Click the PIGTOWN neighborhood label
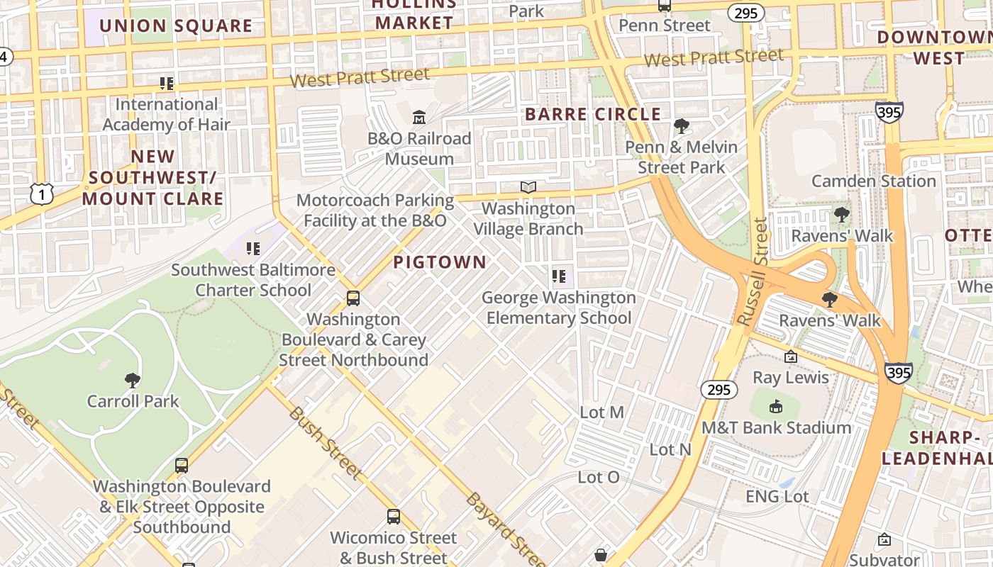[x=440, y=262]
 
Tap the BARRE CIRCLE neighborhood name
[x=593, y=114]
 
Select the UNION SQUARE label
[x=175, y=26]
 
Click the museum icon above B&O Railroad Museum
[x=419, y=117]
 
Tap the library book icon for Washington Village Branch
[x=528, y=187]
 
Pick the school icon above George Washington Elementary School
[x=559, y=276]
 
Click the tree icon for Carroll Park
[x=132, y=381]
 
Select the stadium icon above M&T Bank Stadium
[x=776, y=407]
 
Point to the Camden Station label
[x=874, y=181]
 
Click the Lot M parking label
[x=601, y=412]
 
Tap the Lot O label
[x=599, y=477]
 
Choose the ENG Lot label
[x=777, y=496]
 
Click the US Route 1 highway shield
[x=42, y=193]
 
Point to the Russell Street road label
[x=753, y=273]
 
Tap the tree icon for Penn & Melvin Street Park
[x=681, y=126]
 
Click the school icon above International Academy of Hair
[x=167, y=84]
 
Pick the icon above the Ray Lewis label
[x=791, y=357]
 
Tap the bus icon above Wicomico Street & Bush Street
[x=394, y=517]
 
